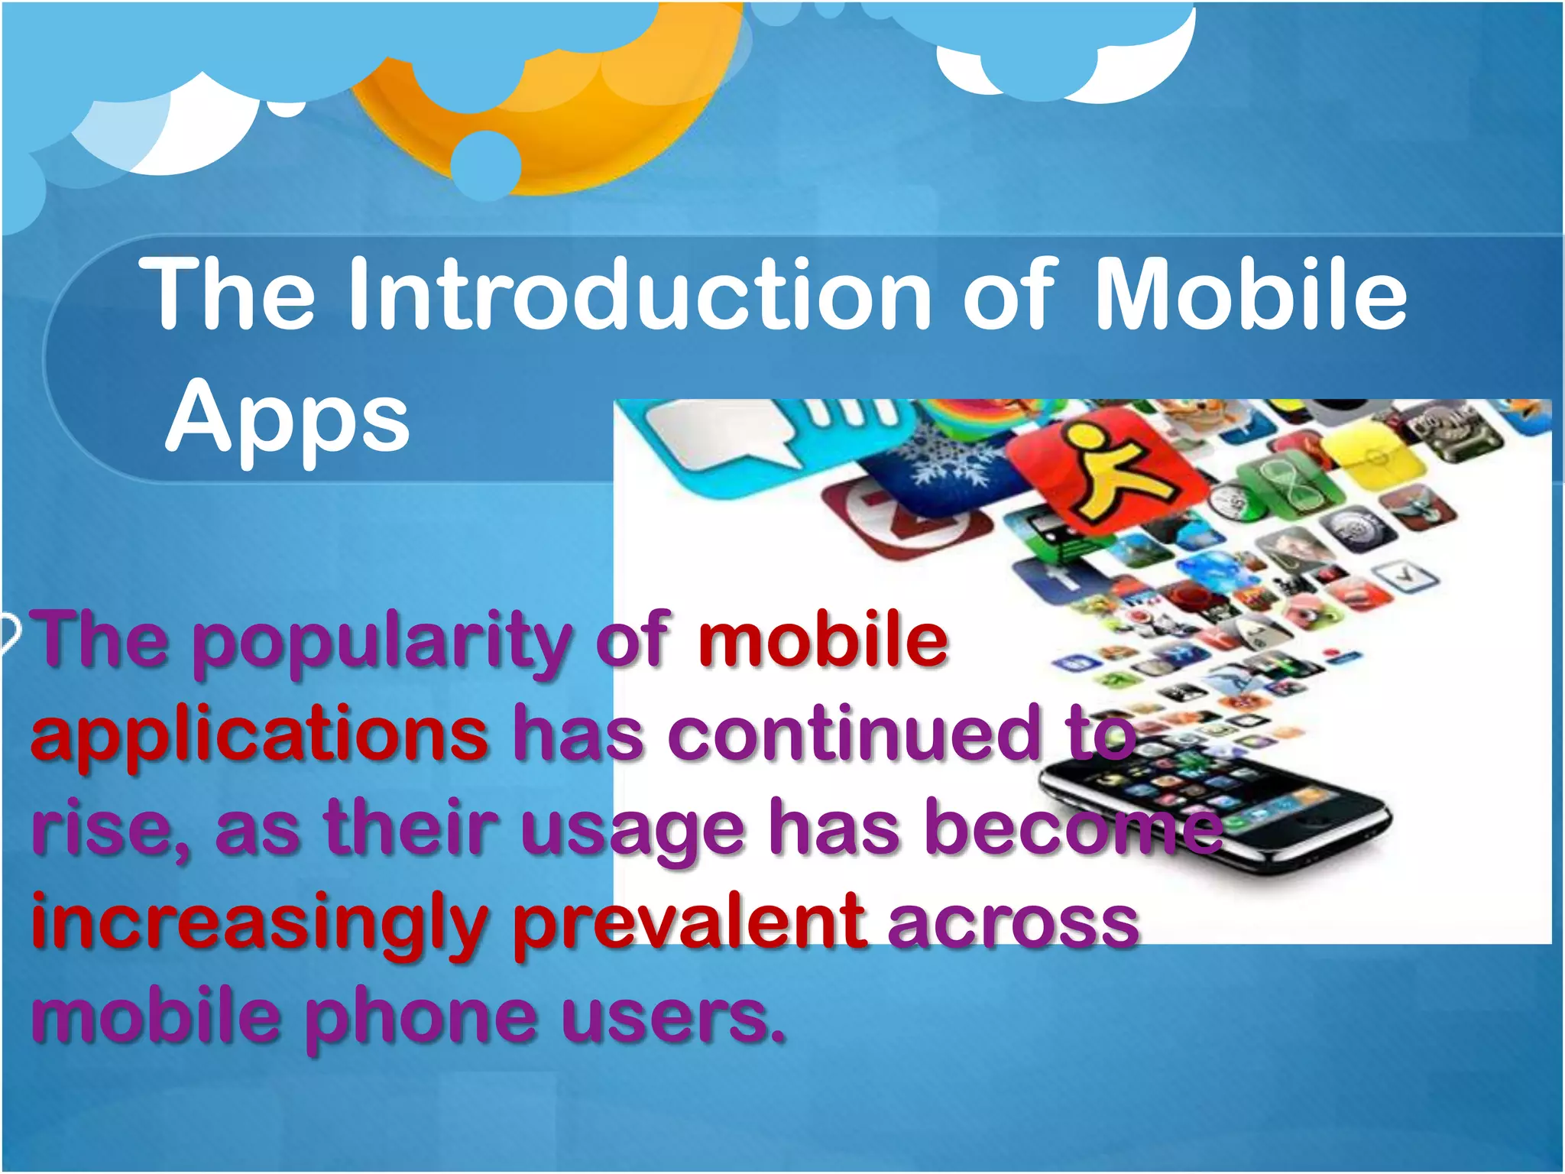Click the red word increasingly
point(260,925)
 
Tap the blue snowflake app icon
point(948,466)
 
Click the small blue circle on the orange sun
point(486,164)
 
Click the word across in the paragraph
point(1013,925)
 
